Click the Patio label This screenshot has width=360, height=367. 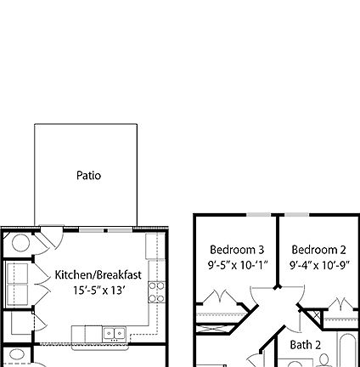(88, 176)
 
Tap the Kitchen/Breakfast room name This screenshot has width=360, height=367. (98, 275)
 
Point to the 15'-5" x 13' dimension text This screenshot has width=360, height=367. (98, 291)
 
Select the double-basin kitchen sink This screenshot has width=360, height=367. (114, 334)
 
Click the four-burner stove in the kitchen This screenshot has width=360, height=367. (156, 292)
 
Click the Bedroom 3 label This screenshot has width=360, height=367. (237, 250)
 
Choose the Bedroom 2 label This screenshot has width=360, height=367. (318, 250)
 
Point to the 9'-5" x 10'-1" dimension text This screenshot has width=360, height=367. (237, 265)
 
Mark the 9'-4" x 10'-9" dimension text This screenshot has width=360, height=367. (318, 265)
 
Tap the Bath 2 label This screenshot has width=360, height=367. (306, 345)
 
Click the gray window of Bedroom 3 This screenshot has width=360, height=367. (237, 215)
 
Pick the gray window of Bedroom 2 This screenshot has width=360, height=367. (318, 215)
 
